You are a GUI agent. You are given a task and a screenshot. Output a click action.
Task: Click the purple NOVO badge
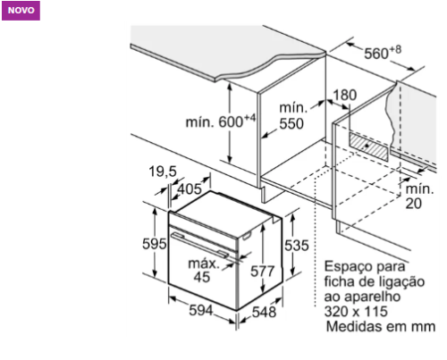pyautogui.click(x=21, y=11)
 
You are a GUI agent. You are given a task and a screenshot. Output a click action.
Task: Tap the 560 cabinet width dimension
pyautogui.click(x=383, y=53)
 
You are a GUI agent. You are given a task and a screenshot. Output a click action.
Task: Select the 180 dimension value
pyautogui.click(x=344, y=96)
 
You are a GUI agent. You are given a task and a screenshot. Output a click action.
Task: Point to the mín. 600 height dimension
pyautogui.click(x=221, y=121)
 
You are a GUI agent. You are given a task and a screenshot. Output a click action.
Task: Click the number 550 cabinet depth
pyautogui.click(x=291, y=124)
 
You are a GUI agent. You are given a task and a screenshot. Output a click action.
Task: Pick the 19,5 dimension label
pyautogui.click(x=163, y=172)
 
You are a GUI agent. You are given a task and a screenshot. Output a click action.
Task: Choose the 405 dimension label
pyautogui.click(x=190, y=188)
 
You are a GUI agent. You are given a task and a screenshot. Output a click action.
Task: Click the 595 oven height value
pyautogui.click(x=154, y=244)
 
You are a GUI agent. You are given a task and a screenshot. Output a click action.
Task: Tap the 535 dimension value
pyautogui.click(x=297, y=246)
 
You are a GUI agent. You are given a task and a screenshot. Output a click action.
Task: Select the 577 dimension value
pyautogui.click(x=262, y=272)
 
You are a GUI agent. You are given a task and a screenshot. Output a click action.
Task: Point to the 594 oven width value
pyautogui.click(x=201, y=310)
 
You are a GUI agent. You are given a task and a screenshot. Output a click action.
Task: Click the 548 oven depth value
pyautogui.click(x=264, y=312)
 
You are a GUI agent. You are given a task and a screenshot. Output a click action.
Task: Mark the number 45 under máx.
pyautogui.click(x=202, y=277)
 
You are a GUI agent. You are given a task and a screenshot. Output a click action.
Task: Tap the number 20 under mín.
pyautogui.click(x=413, y=204)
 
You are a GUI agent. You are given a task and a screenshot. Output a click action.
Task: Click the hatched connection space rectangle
pyautogui.click(x=369, y=147)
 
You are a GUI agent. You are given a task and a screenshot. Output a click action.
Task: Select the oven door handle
pyautogui.click(x=199, y=245)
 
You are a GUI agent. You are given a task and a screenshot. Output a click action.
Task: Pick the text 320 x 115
pyautogui.click(x=356, y=312)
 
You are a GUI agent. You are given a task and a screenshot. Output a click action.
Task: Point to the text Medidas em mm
pyautogui.click(x=381, y=326)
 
